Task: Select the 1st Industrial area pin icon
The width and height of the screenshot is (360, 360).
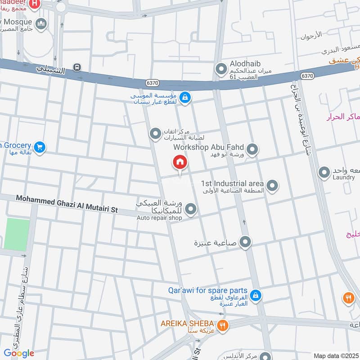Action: point(272,185)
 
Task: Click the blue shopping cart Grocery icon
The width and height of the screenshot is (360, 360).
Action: point(40,147)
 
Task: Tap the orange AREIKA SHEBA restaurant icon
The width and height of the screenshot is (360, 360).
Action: point(222,325)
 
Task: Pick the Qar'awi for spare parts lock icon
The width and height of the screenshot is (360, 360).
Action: point(255,295)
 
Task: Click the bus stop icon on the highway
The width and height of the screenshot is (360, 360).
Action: point(77,68)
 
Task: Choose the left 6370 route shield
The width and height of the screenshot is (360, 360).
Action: point(152,83)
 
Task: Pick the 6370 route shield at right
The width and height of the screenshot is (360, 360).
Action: point(308,76)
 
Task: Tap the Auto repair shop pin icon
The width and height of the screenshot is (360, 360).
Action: point(191,209)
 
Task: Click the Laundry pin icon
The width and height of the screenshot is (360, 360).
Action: point(324,172)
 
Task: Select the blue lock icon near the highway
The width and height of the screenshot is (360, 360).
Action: point(184,97)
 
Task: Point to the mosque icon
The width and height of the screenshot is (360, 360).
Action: point(41,23)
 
